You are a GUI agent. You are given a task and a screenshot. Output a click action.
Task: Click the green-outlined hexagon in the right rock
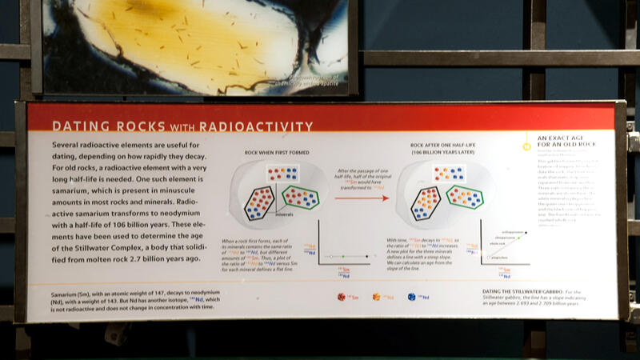[465, 196]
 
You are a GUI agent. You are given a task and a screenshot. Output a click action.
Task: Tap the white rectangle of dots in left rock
[282, 173]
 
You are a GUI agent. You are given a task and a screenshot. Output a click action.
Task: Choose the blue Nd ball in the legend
[411, 297]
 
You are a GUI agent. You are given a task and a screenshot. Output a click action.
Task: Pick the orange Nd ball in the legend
[376, 297]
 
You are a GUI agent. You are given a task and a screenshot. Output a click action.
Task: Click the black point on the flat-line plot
[367, 257]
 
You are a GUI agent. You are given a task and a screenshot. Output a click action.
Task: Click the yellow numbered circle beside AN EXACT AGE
[526, 146]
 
